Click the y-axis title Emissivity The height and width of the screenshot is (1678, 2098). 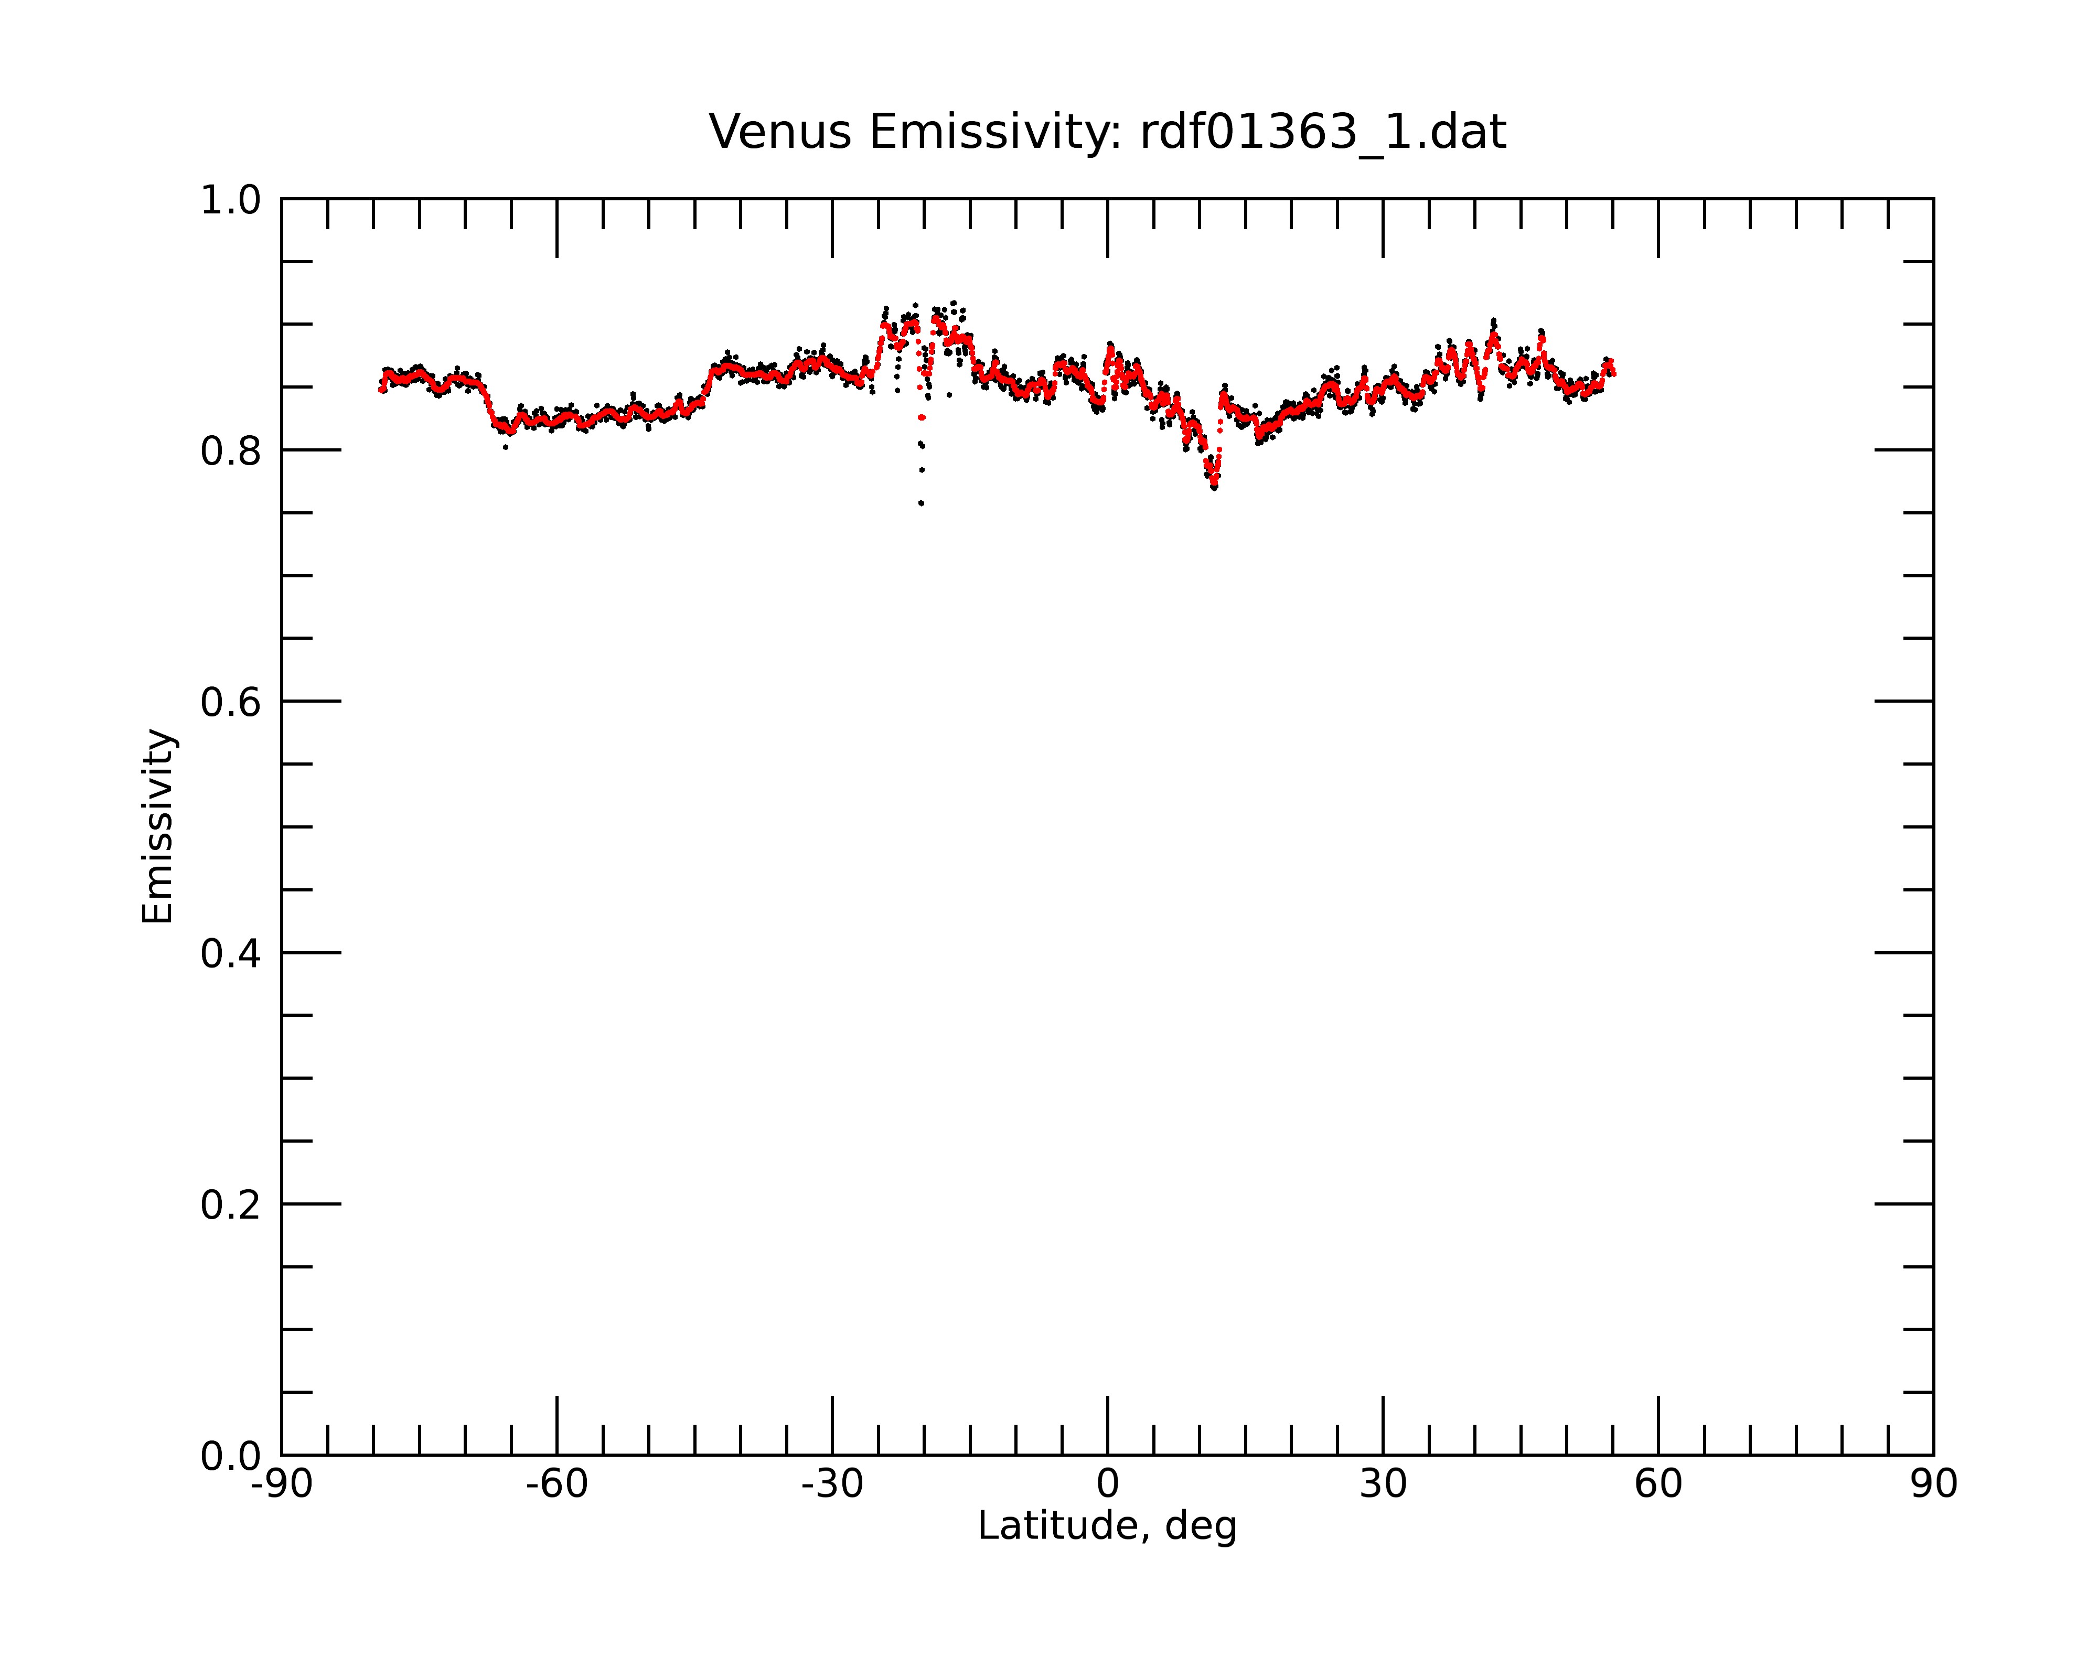click(158, 826)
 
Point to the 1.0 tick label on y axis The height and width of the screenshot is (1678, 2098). click(231, 201)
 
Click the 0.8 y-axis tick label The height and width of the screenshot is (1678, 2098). click(231, 451)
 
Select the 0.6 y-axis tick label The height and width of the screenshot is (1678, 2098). click(231, 702)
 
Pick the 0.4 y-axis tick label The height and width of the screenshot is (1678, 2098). click(231, 954)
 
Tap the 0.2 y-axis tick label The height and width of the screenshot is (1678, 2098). click(231, 1205)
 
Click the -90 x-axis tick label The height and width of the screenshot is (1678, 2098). click(281, 1485)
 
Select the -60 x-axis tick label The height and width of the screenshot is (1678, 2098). click(556, 1485)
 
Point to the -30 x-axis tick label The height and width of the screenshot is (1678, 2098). click(832, 1485)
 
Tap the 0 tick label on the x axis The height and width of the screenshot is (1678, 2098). click(1107, 1485)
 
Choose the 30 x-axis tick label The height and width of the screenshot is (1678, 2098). click(1383, 1485)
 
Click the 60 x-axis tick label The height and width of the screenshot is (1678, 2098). click(1658, 1485)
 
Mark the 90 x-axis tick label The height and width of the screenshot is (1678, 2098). click(1933, 1485)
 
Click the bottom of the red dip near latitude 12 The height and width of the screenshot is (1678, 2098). click(1214, 483)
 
